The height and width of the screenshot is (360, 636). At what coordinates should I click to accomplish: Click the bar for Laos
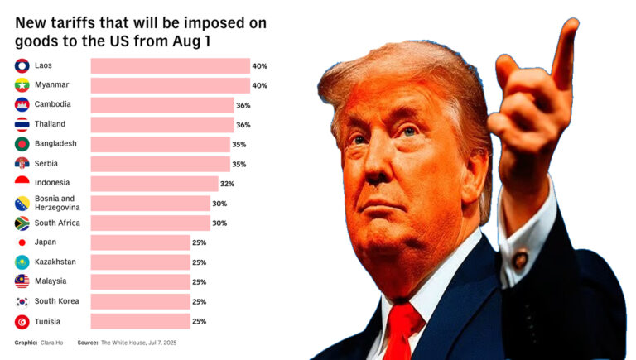click(x=170, y=65)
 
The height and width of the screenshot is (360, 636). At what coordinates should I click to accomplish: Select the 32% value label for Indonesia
click(x=226, y=184)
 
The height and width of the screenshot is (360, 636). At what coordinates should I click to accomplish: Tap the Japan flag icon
click(x=22, y=242)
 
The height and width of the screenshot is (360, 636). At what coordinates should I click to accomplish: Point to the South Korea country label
click(x=57, y=301)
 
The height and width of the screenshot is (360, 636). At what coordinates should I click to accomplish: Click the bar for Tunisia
click(x=140, y=321)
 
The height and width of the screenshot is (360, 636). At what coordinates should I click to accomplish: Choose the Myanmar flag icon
click(x=22, y=85)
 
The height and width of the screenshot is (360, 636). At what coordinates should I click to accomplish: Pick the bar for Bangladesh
click(x=160, y=144)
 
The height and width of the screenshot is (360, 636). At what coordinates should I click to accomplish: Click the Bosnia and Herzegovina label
click(x=55, y=203)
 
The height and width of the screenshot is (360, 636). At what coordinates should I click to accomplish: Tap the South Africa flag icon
click(x=22, y=223)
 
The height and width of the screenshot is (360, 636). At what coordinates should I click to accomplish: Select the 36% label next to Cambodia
click(x=243, y=105)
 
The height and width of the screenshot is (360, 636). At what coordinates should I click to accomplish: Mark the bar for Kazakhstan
click(x=140, y=262)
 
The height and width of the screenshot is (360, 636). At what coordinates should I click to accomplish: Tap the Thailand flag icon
click(x=22, y=125)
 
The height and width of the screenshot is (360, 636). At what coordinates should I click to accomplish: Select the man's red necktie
click(x=403, y=331)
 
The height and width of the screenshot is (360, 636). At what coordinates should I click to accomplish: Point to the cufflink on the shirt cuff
click(x=520, y=259)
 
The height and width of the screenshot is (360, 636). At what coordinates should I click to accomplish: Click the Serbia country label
click(x=46, y=164)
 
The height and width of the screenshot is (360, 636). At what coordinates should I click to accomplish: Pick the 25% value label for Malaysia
click(x=199, y=282)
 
